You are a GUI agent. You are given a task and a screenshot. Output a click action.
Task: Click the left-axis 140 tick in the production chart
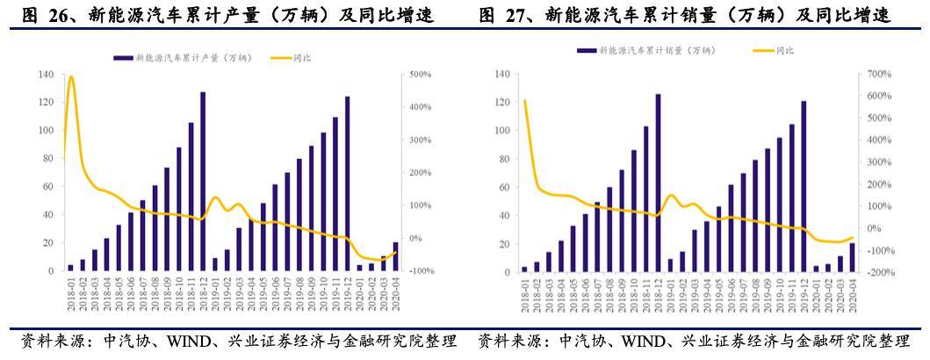pyautogui.click(x=47, y=75)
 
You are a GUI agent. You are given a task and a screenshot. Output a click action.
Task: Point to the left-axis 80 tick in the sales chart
pyautogui.click(x=503, y=159)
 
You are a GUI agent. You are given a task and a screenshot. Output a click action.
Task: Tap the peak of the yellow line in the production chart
pyautogui.click(x=71, y=77)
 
